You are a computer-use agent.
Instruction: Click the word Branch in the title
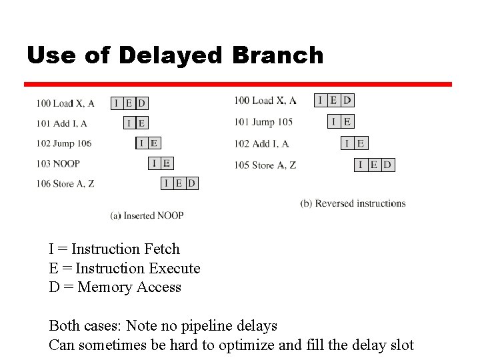tap(277, 55)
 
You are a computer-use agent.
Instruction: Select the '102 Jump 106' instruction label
tap(64, 143)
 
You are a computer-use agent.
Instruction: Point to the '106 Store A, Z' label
tap(65, 183)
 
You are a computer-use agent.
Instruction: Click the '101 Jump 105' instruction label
tap(263, 122)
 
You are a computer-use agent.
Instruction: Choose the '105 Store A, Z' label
tap(265, 165)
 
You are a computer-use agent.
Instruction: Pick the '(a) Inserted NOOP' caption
tap(147, 215)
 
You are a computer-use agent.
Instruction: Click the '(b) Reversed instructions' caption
tap(353, 203)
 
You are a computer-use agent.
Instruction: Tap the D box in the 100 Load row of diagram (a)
tap(141, 103)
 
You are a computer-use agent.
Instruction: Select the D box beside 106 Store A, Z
tap(192, 183)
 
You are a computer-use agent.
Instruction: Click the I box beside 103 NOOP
tap(154, 163)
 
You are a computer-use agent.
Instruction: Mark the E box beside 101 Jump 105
tap(347, 121)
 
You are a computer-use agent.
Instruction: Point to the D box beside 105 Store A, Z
tap(387, 165)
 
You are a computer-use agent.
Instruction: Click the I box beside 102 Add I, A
tap(347, 143)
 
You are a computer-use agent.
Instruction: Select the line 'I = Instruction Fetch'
tap(114, 249)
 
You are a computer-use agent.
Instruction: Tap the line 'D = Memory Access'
tap(115, 287)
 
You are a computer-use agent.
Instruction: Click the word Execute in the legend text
tap(173, 269)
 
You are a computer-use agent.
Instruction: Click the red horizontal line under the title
tap(238, 85)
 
